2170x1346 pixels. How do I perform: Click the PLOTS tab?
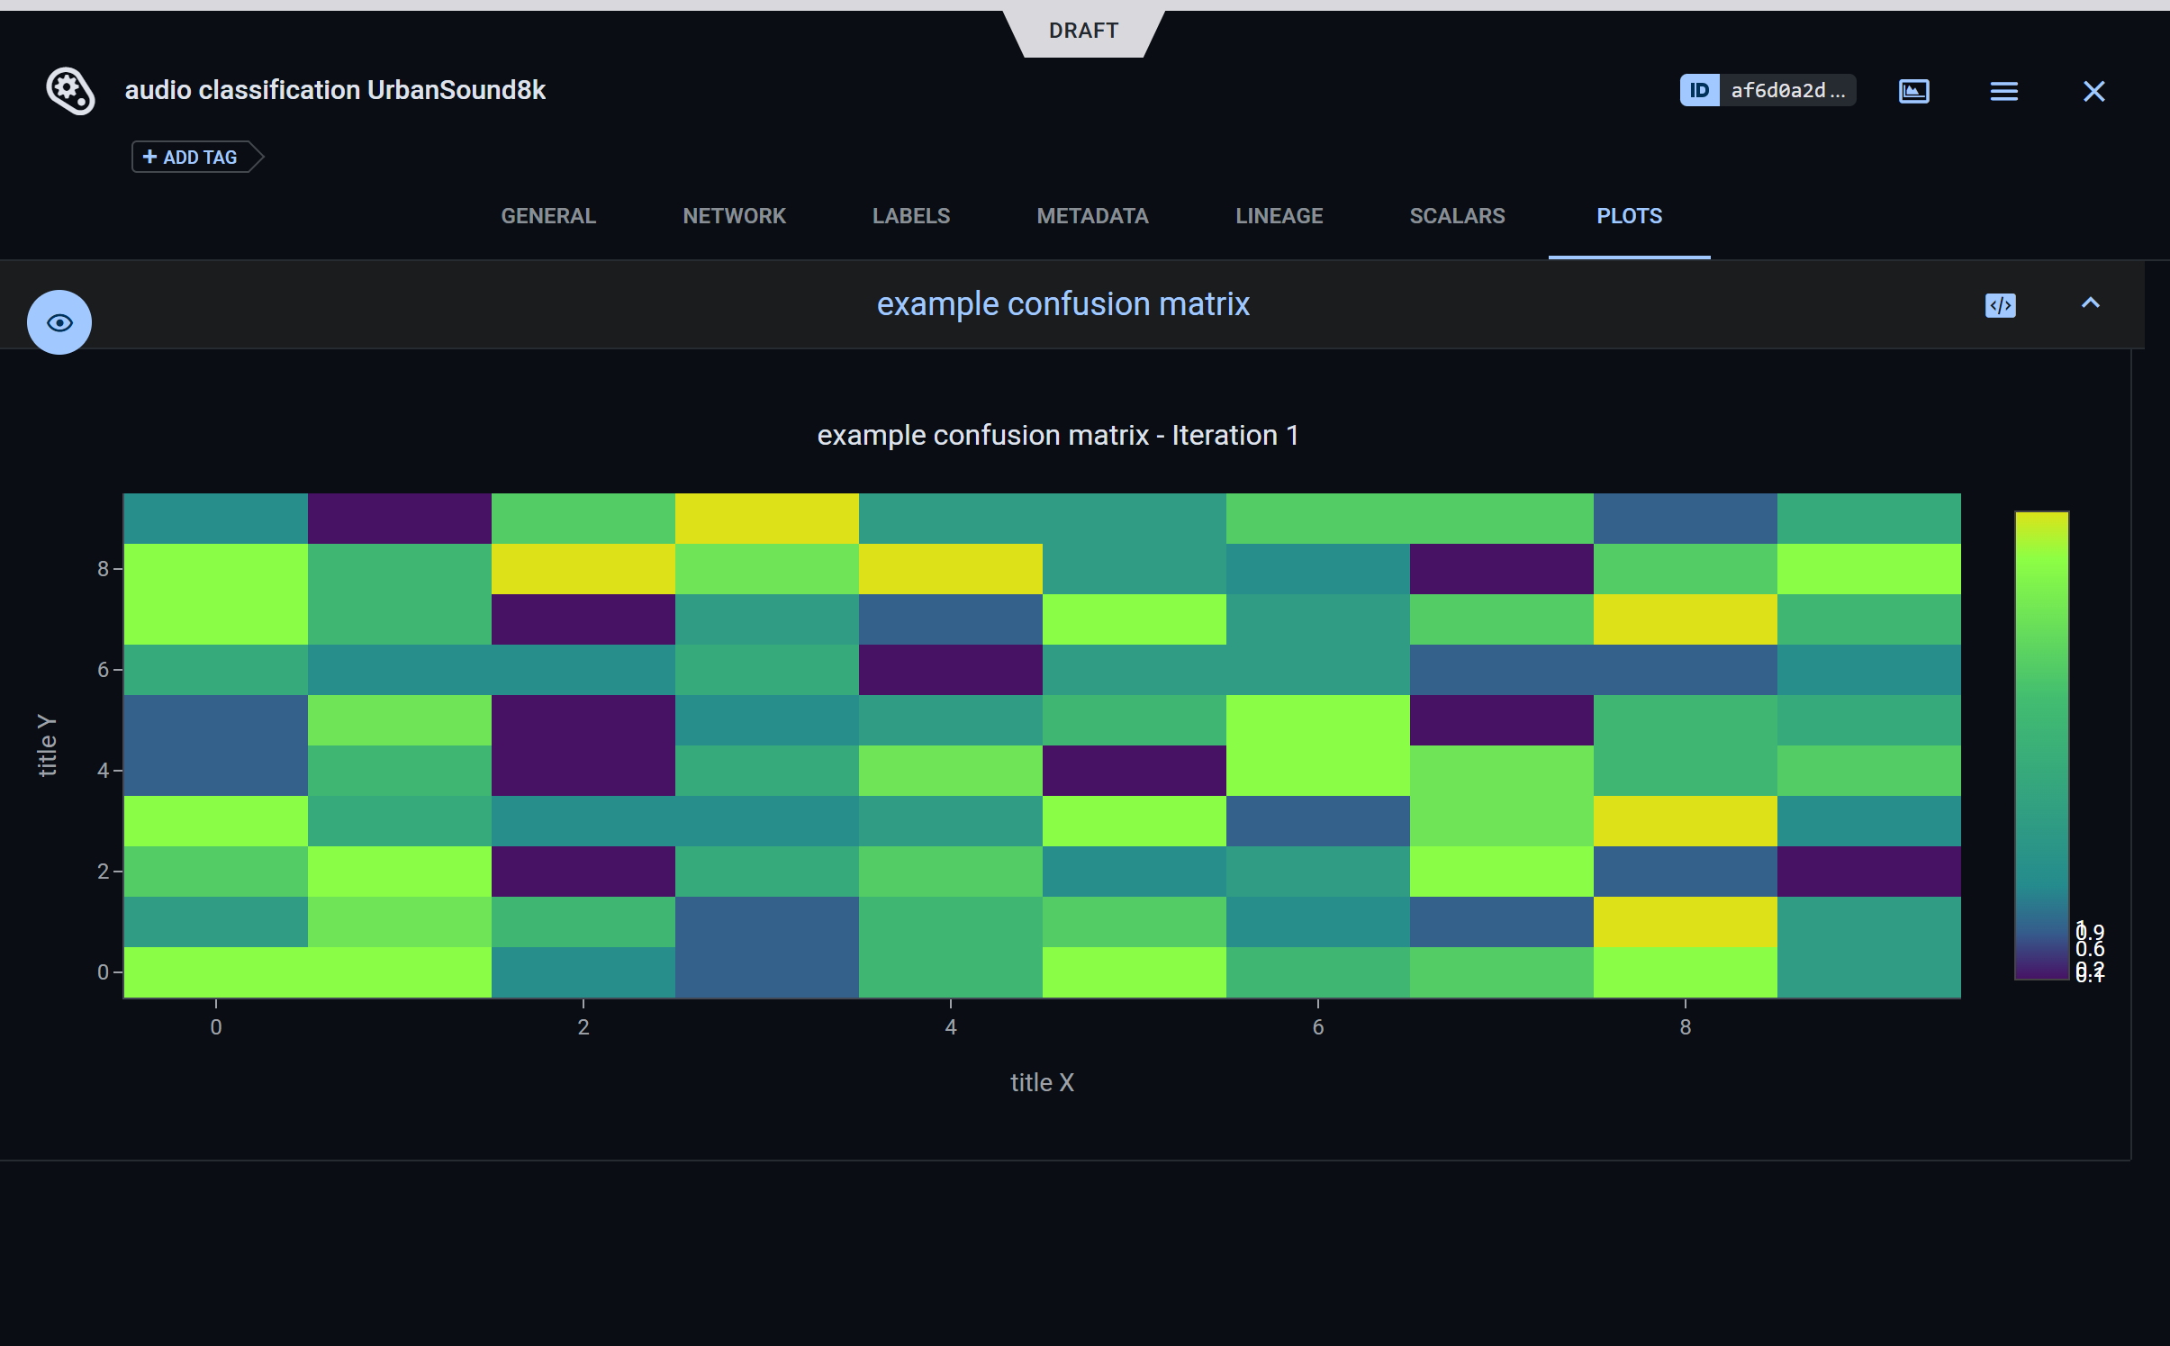[x=1629, y=216]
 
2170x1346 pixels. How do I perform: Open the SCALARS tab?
[x=1457, y=216]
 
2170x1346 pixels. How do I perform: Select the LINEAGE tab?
[x=1279, y=216]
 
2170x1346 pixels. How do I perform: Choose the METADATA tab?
[x=1092, y=216]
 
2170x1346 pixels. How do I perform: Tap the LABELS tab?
[x=910, y=216]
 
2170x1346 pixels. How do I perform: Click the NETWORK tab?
[x=734, y=216]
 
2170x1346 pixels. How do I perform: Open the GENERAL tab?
[x=548, y=216]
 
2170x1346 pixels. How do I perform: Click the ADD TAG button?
[x=191, y=158]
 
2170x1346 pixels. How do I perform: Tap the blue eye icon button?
[x=59, y=322]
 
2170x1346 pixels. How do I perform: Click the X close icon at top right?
[x=2093, y=91]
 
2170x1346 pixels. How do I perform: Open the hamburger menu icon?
[x=2003, y=91]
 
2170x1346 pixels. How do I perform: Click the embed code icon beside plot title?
[x=2000, y=305]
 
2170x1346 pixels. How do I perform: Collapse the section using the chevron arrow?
[x=2090, y=303]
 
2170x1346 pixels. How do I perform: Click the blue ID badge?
[x=1699, y=90]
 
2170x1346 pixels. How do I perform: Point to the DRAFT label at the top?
[x=1083, y=31]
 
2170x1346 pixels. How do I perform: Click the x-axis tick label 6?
[x=1317, y=1027]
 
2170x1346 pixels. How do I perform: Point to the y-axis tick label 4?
[x=104, y=771]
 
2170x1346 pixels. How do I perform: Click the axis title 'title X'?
[x=1042, y=1082]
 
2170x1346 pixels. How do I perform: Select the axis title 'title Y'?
[x=47, y=745]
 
